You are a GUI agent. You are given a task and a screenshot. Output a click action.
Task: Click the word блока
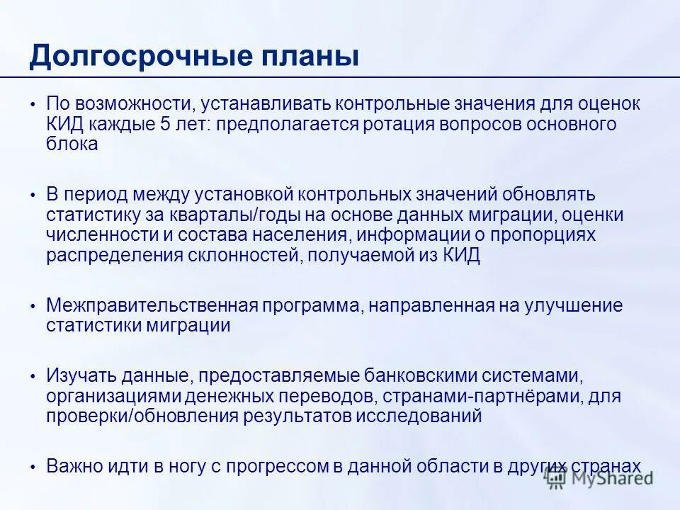click(x=72, y=144)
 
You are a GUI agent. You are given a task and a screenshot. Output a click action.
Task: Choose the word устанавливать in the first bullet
click(x=266, y=104)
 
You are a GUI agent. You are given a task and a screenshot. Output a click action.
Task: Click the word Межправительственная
click(x=150, y=306)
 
